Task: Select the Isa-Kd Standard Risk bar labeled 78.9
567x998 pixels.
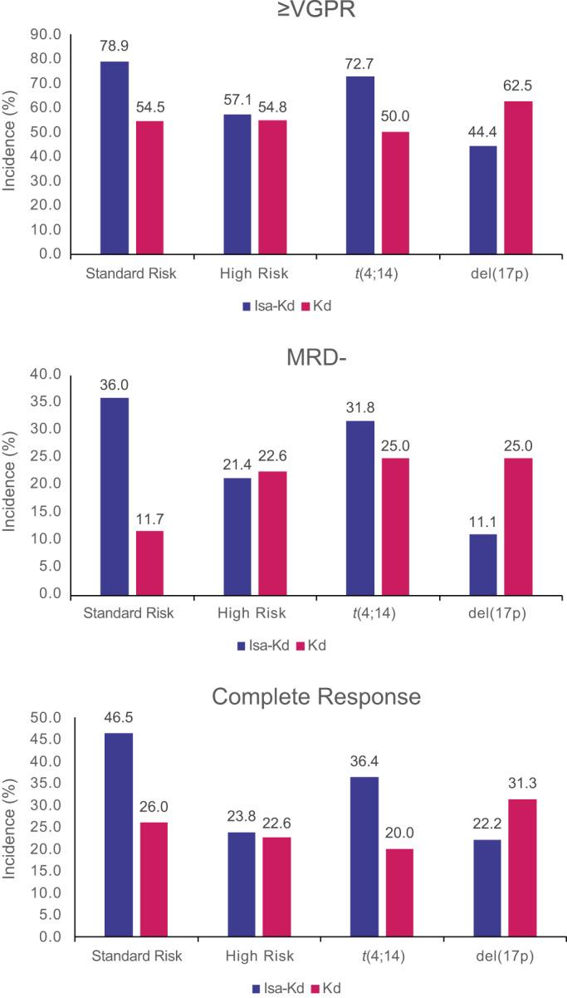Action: point(114,157)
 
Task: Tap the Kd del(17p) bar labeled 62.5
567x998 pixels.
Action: point(518,177)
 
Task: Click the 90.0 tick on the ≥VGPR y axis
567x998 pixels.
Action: point(45,35)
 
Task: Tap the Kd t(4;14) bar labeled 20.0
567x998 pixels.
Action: point(398,892)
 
